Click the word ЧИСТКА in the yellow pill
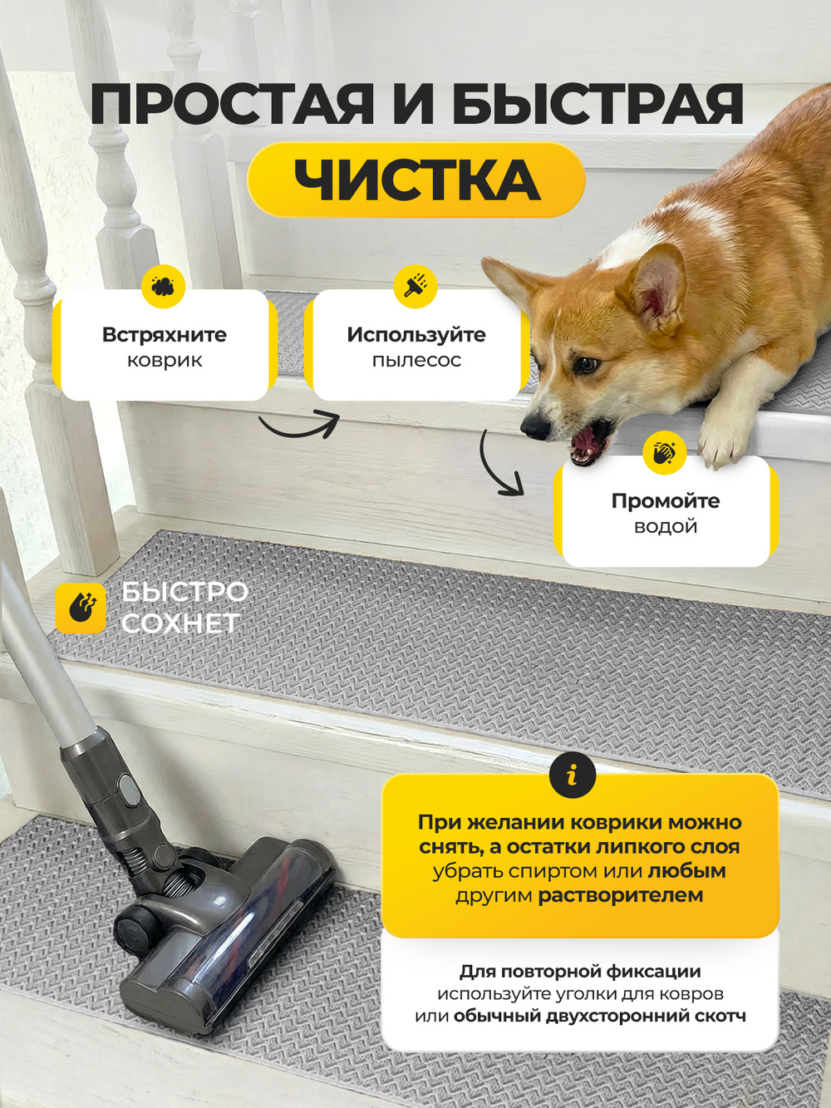(x=417, y=180)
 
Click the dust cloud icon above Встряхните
(x=163, y=286)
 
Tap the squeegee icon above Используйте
(x=415, y=286)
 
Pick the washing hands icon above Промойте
(x=665, y=452)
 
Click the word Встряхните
(x=165, y=335)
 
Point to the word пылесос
(x=417, y=361)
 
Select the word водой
(x=666, y=526)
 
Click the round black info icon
(x=573, y=775)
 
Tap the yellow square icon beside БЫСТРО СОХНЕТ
(x=81, y=608)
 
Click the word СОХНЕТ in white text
(x=180, y=623)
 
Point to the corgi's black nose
(x=535, y=428)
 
